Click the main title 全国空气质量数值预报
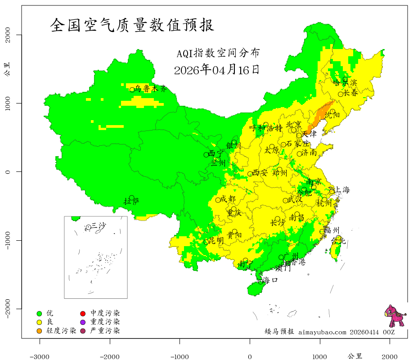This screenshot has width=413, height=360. point(132,25)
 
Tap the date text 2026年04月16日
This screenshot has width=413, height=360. point(216,70)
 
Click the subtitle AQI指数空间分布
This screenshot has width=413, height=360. point(218,53)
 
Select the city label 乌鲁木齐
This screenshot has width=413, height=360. point(151,89)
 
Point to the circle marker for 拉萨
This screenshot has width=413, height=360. point(132,198)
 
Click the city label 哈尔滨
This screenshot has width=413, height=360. point(345,82)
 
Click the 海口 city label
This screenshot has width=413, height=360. point(270,280)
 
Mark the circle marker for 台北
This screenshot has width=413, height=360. point(338,238)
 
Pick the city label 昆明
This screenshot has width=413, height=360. point(216,241)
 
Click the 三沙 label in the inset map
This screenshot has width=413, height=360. point(98,225)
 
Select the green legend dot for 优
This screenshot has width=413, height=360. point(40,313)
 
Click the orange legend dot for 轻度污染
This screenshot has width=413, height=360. point(40,331)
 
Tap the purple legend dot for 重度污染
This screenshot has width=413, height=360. point(83,322)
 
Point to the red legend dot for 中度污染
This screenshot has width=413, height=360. point(83,313)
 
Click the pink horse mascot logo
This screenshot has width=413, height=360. point(395,315)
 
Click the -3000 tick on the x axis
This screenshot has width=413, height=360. point(40,356)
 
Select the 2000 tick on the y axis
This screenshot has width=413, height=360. point(8,35)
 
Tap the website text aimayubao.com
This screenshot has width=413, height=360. point(322,332)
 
